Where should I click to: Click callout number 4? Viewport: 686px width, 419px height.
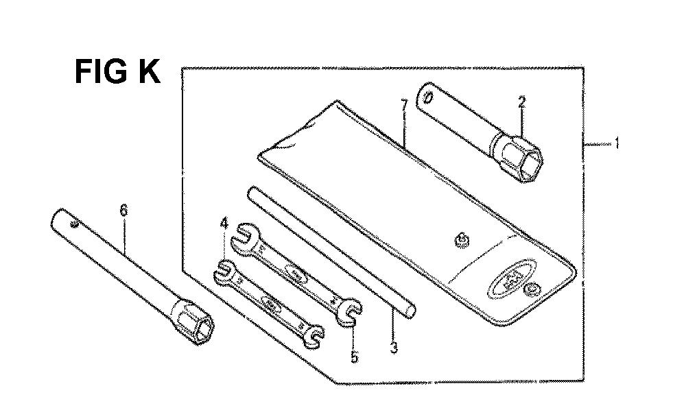(x=224, y=224)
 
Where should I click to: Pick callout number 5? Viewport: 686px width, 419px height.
(x=354, y=357)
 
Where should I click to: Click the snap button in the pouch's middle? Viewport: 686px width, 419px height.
(x=460, y=240)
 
